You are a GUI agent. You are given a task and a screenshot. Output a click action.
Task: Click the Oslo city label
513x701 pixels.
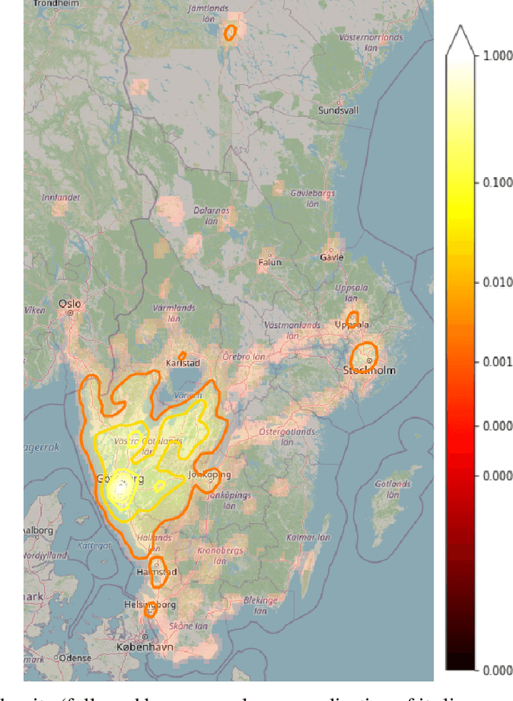point(70,304)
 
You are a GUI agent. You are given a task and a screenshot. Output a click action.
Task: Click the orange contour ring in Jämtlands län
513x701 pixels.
point(230,33)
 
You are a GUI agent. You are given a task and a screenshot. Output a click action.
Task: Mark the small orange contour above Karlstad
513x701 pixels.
point(182,355)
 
